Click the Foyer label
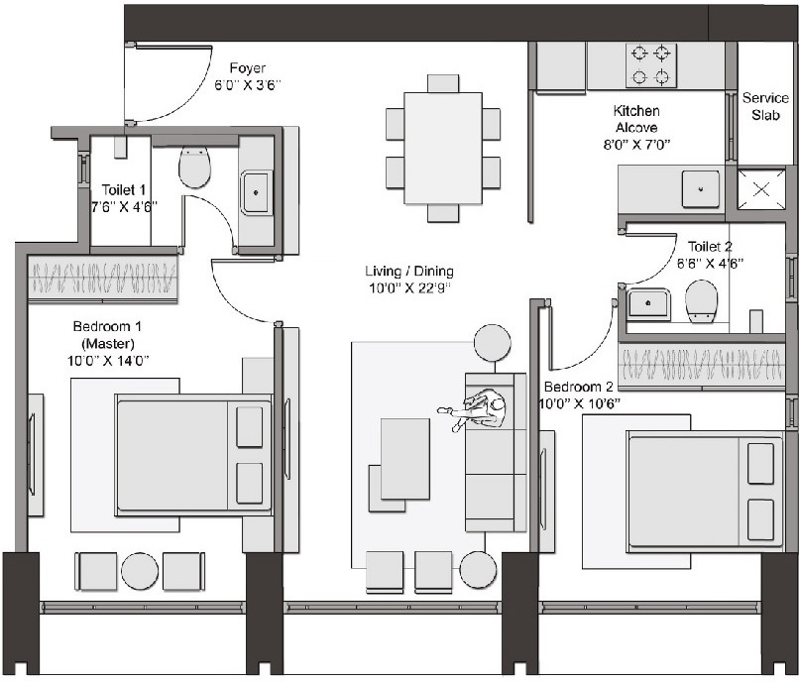tap(248, 68)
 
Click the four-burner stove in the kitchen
tap(651, 65)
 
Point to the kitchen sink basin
tap(701, 188)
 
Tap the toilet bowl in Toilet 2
tap(701, 300)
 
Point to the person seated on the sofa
tap(481, 408)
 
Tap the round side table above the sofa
tap(492, 343)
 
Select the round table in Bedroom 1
tap(140, 572)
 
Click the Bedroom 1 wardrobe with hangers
tap(102, 278)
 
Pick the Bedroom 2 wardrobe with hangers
tap(700, 364)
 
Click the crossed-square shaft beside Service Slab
tap(761, 188)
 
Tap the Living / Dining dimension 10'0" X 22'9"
tap(407, 288)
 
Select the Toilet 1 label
tap(124, 189)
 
